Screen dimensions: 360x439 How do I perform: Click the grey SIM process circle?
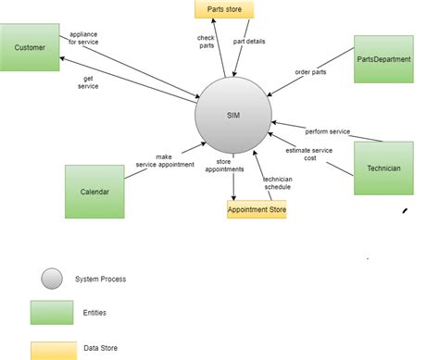(x=233, y=115)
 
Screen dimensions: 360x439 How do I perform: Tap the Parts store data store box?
(x=223, y=10)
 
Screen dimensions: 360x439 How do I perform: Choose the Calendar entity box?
(x=94, y=192)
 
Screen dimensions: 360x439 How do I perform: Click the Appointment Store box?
(x=257, y=210)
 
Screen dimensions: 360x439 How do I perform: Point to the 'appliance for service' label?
(x=83, y=39)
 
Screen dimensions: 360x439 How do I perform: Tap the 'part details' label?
(x=251, y=41)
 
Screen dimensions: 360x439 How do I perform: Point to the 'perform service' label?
(x=328, y=131)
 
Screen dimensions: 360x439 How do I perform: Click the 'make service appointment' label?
(x=164, y=161)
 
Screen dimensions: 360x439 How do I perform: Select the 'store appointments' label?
(x=223, y=166)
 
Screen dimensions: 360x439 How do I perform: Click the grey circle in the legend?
(x=52, y=278)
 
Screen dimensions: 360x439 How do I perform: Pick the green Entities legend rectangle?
(x=52, y=312)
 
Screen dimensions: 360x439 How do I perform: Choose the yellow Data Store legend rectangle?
(x=52, y=350)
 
